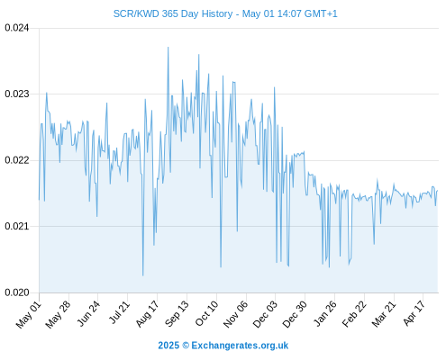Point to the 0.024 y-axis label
pos(17,28)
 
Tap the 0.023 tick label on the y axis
pos(17,94)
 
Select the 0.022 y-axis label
pos(17,160)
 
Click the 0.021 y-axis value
pos(17,226)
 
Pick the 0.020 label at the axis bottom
pos(17,292)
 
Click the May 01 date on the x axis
pos(29,314)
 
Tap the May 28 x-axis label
pos(58,314)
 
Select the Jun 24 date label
pos(88,313)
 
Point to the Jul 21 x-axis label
pos(119,312)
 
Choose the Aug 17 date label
pos(147,314)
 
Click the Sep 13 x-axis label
pos(177,314)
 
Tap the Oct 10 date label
pos(206,313)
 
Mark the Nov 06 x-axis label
pos(236,314)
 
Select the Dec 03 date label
pos(265,314)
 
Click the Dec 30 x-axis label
pos(295,314)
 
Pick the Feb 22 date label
pos(354,314)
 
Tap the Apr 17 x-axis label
pos(414,313)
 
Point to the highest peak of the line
pos(168,47)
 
